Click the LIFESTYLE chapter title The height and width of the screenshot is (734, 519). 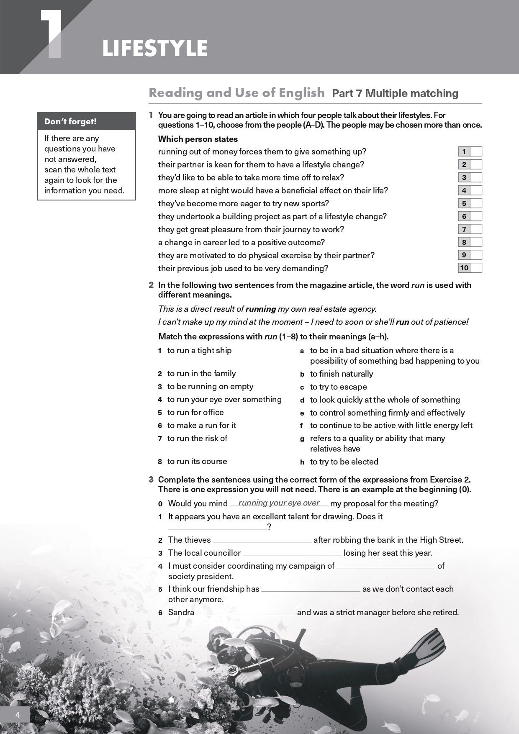(155, 49)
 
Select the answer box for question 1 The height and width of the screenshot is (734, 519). (476, 151)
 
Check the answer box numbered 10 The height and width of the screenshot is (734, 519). (476, 268)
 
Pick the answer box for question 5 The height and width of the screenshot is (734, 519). (476, 203)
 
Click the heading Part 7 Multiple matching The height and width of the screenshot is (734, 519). (395, 93)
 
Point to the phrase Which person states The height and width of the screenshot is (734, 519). (198, 139)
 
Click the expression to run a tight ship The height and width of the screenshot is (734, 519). (199, 350)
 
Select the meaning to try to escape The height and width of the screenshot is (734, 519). (338, 387)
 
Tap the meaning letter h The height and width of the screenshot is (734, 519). (302, 462)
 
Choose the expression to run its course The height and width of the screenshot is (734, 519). (197, 461)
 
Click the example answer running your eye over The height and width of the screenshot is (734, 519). (279, 503)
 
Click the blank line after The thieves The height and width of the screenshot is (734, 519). (262, 541)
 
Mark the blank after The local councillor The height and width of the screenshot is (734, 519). (292, 554)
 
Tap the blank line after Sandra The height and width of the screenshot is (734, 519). (246, 613)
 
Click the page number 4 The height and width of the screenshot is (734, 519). (18, 715)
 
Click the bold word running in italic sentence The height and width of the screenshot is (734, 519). (260, 309)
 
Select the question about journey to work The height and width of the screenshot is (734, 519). (251, 229)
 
